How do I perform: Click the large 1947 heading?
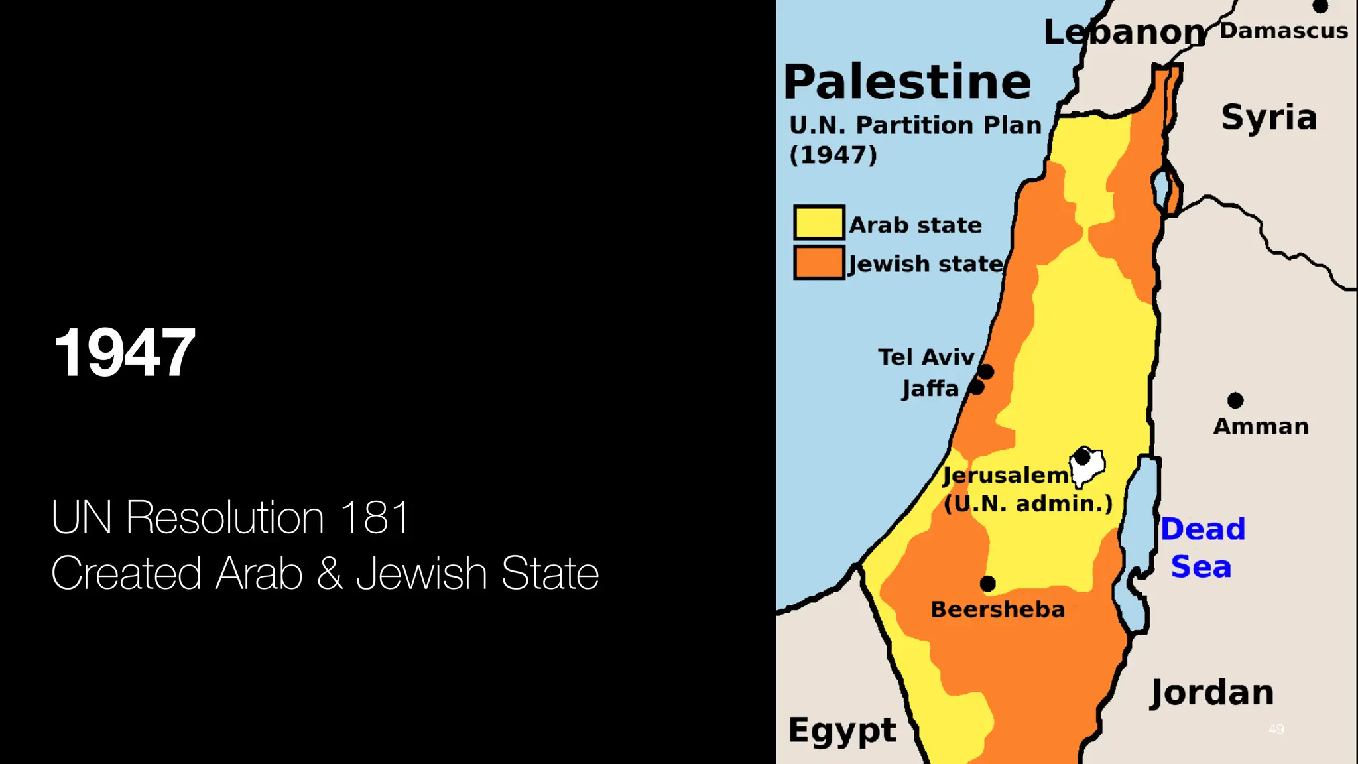tap(125, 353)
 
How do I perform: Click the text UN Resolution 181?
tap(230, 517)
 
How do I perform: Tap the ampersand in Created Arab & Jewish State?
tap(330, 574)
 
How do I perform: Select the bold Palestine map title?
tap(907, 82)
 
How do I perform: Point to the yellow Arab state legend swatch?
tap(819, 223)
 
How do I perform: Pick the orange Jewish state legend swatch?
tap(819, 262)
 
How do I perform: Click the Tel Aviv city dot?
tap(986, 372)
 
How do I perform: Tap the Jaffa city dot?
tap(976, 387)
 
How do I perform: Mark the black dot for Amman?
tap(1235, 400)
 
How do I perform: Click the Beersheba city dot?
tap(987, 584)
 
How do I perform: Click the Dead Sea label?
tap(1202, 548)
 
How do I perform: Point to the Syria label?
tap(1268, 118)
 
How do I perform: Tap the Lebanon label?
tap(1124, 32)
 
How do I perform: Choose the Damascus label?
tap(1284, 31)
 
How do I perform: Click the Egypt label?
tap(842, 731)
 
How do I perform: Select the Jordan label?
tap(1211, 693)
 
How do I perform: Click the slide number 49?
tap(1276, 729)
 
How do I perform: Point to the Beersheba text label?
tap(997, 609)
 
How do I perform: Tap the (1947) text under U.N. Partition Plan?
tap(833, 155)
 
